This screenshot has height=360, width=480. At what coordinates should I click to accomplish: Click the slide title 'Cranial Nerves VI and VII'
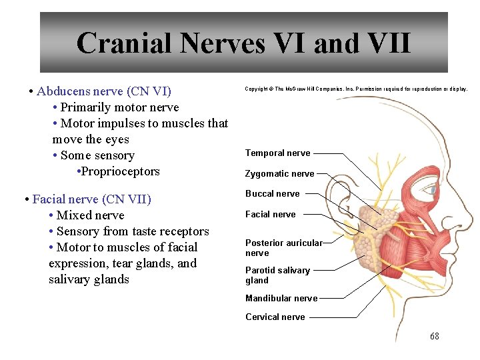(243, 43)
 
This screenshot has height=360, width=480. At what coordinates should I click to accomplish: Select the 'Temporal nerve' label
(277, 153)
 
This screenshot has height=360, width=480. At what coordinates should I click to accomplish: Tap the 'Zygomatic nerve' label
(279, 174)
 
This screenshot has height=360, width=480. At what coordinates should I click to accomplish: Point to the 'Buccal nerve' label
(272, 194)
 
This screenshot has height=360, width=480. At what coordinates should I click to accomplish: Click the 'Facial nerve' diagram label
(270, 215)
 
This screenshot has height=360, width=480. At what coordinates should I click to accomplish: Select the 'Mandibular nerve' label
(281, 299)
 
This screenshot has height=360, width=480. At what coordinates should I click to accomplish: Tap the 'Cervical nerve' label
(275, 317)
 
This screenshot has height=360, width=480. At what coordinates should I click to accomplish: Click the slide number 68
(435, 337)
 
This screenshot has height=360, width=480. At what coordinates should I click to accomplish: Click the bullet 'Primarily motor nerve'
(119, 107)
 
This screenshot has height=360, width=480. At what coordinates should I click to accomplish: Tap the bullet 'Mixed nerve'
(90, 215)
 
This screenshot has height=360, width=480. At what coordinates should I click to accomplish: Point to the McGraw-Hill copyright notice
(356, 89)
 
